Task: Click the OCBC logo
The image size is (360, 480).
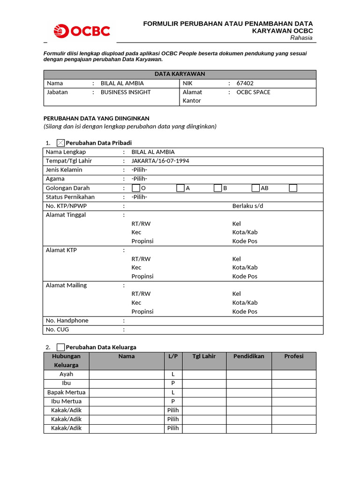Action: pyautogui.click(x=82, y=31)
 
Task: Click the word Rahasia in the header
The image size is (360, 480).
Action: pyautogui.click(x=301, y=38)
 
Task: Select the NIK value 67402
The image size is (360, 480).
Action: pyautogui.click(x=245, y=83)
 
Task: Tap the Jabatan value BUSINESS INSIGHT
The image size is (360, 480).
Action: pyautogui.click(x=126, y=92)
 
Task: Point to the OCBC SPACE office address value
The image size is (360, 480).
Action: pyautogui.click(x=253, y=92)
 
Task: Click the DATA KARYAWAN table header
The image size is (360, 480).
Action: pyautogui.click(x=180, y=74)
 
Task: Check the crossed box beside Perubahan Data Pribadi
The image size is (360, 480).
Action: pyautogui.click(x=60, y=143)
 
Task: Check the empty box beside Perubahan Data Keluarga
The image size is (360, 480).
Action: pyautogui.click(x=60, y=347)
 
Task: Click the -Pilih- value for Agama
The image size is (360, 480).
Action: pyautogui.click(x=139, y=179)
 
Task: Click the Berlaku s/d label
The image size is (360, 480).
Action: pyautogui.click(x=247, y=206)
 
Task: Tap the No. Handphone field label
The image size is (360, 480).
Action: pyautogui.click(x=67, y=321)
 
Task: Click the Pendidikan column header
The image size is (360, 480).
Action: pyautogui.click(x=248, y=356)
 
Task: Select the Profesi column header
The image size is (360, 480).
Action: pyautogui.click(x=294, y=356)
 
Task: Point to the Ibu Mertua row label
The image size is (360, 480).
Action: pyautogui.click(x=66, y=401)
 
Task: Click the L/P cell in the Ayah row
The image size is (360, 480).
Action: pyautogui.click(x=173, y=375)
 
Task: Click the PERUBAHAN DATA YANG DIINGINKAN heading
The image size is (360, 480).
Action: pyautogui.click(x=96, y=119)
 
